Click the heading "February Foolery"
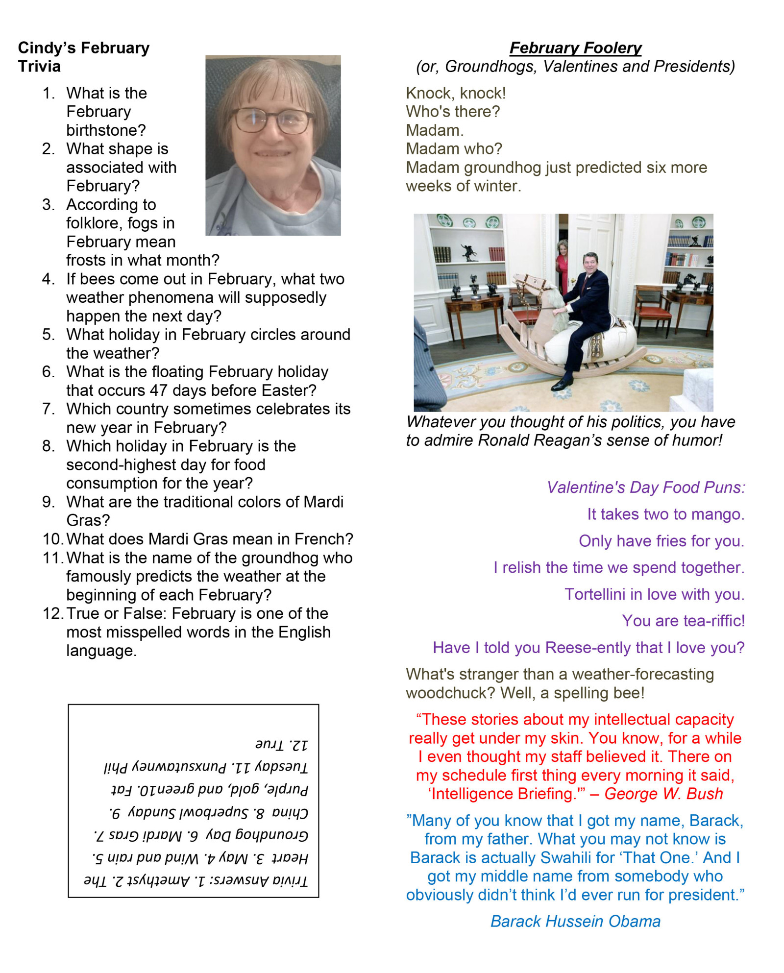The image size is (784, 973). point(575,48)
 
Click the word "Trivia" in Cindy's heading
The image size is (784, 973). point(39,67)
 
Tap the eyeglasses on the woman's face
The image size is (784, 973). point(271,120)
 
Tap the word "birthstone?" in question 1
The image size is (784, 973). point(106,130)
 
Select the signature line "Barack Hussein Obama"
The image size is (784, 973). point(575,922)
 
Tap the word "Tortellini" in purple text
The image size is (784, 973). point(595,594)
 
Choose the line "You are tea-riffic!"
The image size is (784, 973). point(683,621)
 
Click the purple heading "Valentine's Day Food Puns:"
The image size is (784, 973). point(646,487)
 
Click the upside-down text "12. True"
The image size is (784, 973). point(281,745)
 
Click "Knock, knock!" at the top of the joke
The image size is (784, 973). point(456,93)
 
